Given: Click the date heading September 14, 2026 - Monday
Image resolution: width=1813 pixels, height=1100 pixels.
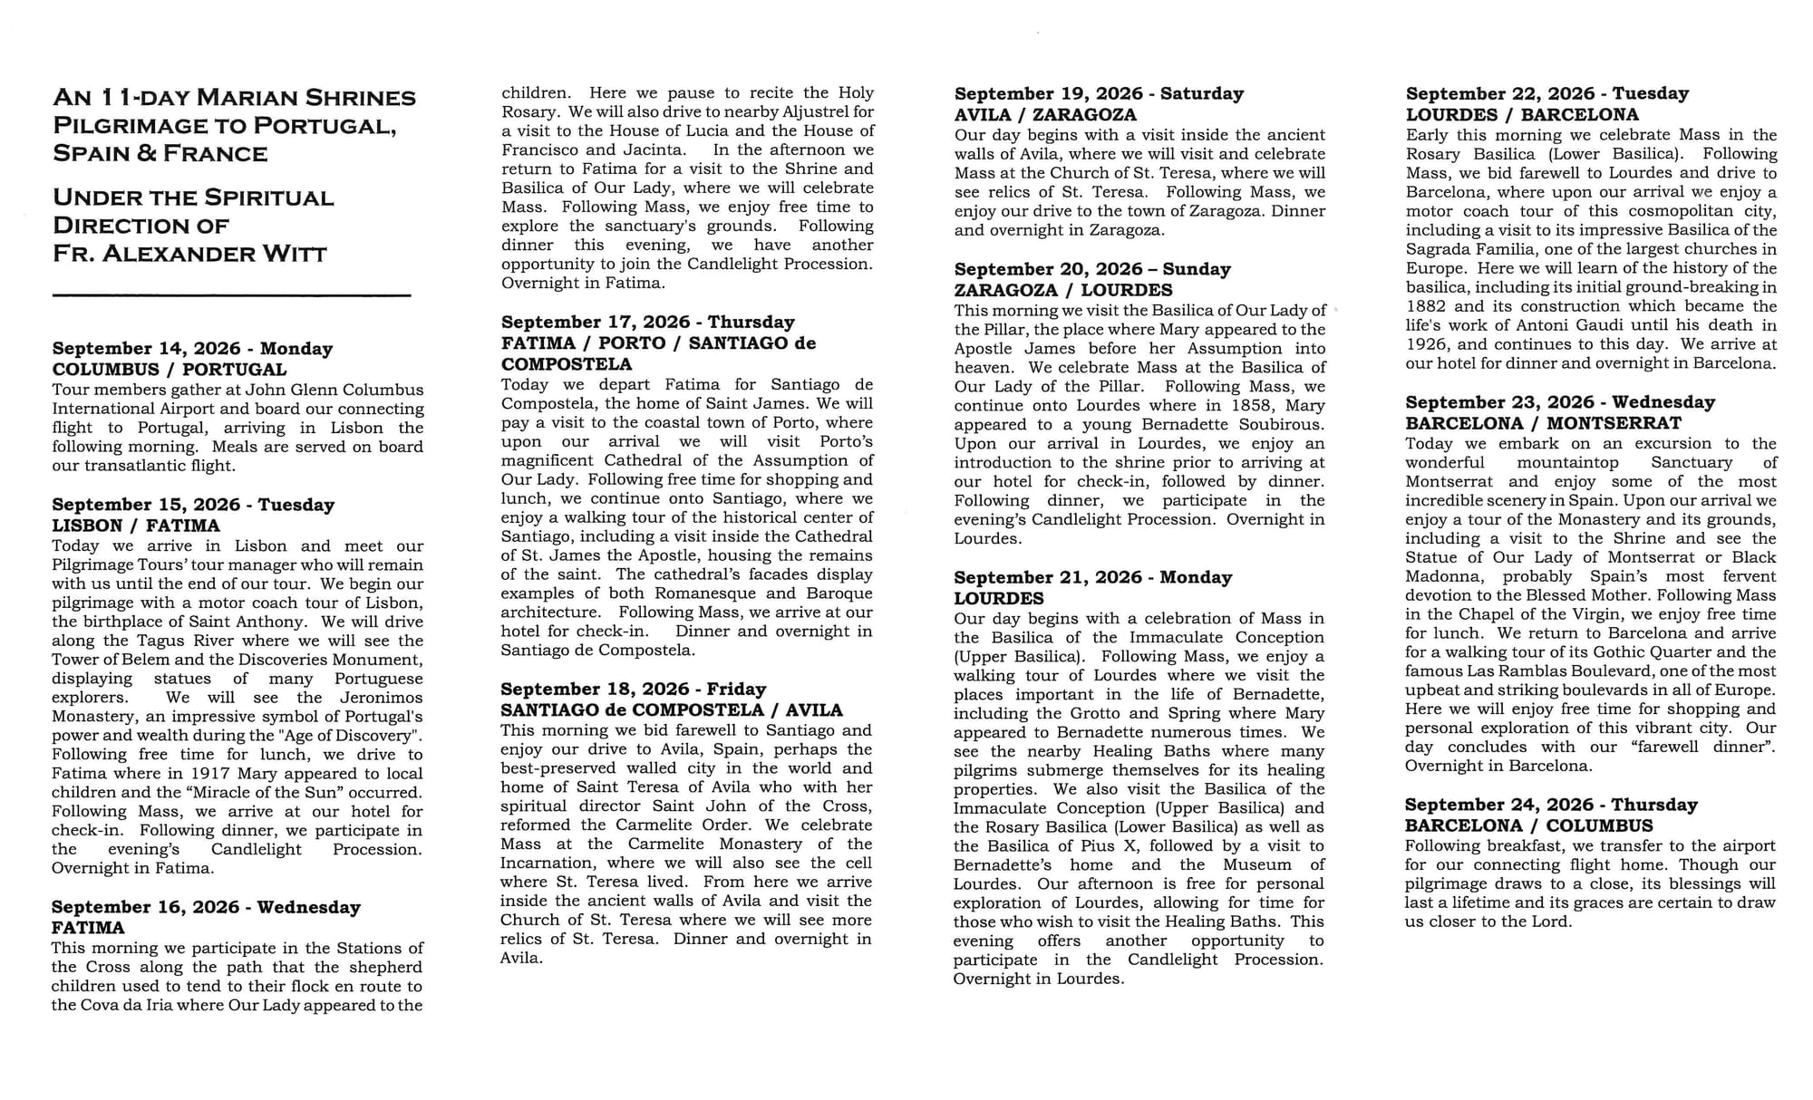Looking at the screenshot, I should click(192, 349).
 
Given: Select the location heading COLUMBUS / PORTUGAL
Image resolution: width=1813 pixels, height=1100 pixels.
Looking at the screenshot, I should click(170, 370).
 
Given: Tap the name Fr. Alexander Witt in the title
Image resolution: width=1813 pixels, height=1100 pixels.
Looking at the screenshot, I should click(189, 254).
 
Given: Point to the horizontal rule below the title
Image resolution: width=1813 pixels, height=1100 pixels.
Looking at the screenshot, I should click(231, 295).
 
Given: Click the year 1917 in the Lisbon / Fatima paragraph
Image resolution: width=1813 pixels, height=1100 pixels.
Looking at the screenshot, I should click(210, 774).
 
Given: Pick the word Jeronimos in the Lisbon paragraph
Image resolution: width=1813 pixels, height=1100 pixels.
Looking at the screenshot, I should click(381, 698).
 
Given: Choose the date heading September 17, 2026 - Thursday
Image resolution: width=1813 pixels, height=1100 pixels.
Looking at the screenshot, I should click(647, 323).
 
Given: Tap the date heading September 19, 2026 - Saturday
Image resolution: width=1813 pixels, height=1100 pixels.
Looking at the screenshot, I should click(1099, 94).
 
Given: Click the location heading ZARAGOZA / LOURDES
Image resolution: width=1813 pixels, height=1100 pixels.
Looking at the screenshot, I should click(1062, 291).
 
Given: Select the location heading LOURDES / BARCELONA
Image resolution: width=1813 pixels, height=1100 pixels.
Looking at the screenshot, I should click(1522, 115).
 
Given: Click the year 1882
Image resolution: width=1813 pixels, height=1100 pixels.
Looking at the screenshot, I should click(1426, 306).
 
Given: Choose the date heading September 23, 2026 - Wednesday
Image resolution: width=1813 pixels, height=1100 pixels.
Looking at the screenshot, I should click(1560, 402).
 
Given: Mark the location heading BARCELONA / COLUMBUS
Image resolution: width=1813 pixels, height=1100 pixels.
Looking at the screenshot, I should click(1528, 825).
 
